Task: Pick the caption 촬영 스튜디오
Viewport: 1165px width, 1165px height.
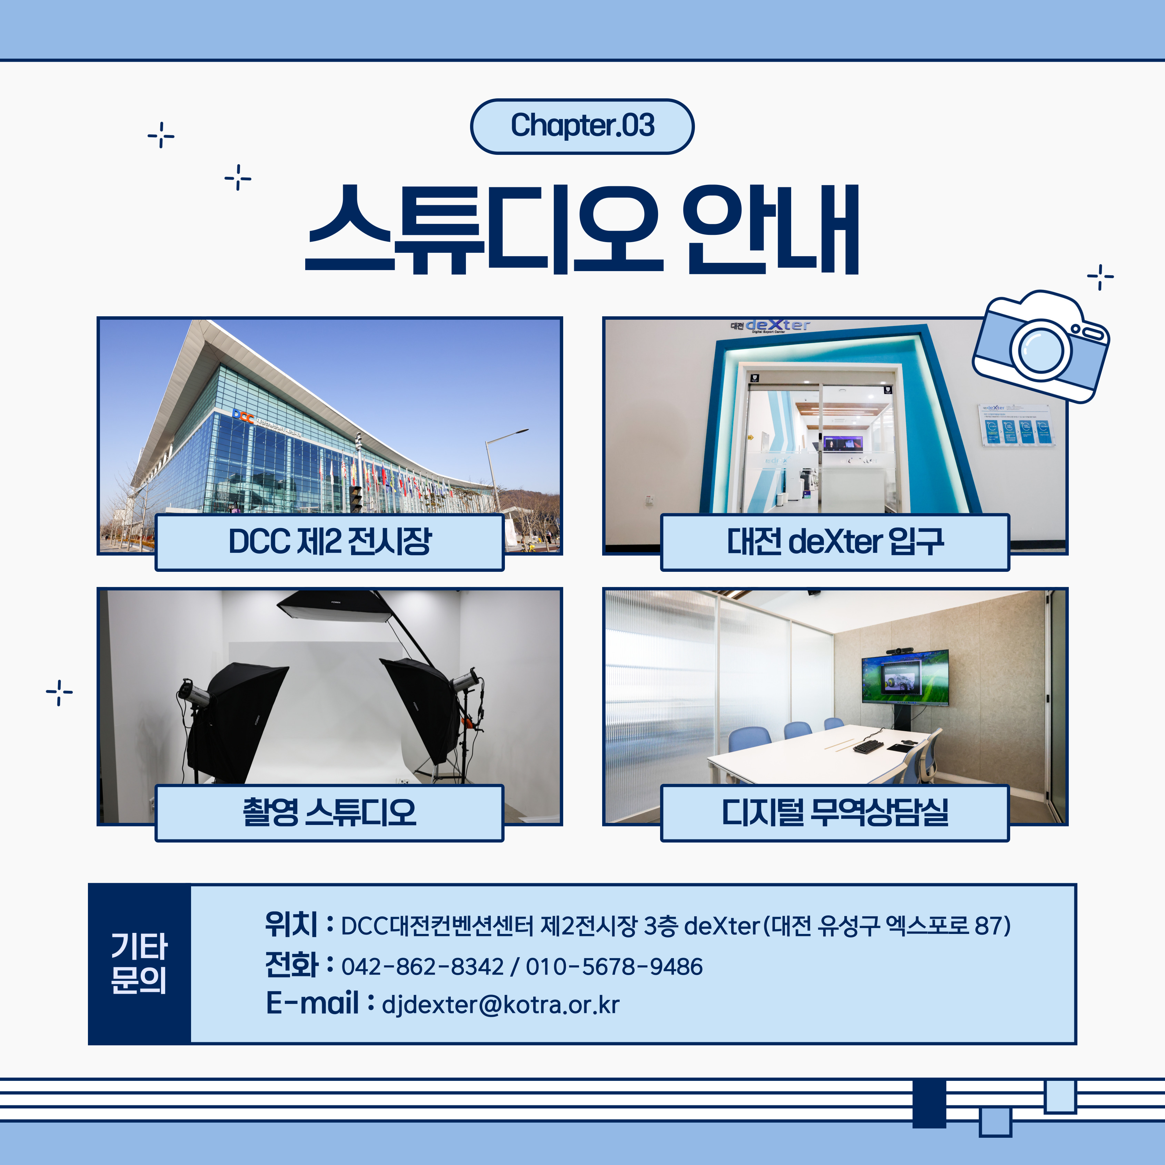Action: click(329, 812)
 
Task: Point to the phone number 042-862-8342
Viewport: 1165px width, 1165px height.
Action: click(422, 967)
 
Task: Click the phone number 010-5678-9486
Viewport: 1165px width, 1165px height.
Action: click(614, 967)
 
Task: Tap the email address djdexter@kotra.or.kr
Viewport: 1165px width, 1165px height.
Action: click(500, 1005)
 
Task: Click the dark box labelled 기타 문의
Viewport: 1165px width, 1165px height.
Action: click(139, 964)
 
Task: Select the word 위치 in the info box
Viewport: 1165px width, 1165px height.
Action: click(291, 924)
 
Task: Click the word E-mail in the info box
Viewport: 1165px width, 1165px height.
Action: click(312, 1003)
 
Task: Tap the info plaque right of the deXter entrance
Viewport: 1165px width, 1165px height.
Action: click(1013, 425)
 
